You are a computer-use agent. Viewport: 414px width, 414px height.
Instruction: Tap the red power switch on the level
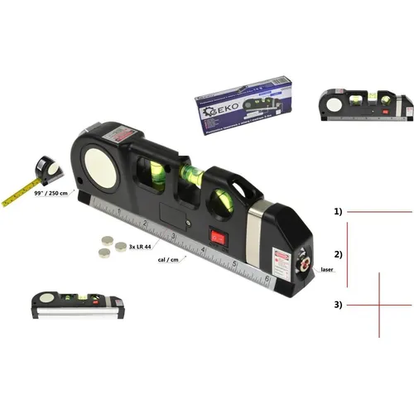(218, 236)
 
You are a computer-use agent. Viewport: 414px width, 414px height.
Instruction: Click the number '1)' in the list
(339, 212)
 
